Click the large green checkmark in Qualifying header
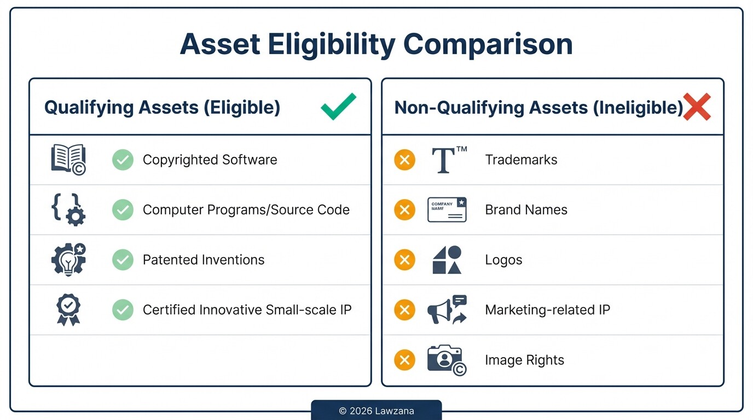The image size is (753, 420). tap(338, 106)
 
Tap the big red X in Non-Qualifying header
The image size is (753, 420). tap(697, 107)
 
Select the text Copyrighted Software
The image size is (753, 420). tap(210, 160)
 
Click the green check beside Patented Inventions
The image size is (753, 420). tap(123, 260)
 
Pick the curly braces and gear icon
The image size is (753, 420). tap(68, 209)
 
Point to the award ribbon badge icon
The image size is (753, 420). tap(68, 310)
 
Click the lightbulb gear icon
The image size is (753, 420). tap(68, 259)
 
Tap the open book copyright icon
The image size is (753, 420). tap(68, 160)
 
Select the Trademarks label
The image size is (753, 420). tap(521, 160)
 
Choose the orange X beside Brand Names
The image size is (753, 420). tap(404, 209)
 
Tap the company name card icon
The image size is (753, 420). tap(447, 209)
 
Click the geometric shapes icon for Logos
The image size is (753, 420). tap(447, 260)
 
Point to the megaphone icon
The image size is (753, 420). tap(447, 310)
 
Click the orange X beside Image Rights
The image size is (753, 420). tap(404, 360)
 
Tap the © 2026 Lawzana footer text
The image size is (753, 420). tap(376, 411)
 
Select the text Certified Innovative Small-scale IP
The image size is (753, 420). tap(247, 310)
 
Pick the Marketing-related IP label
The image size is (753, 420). tap(547, 310)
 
